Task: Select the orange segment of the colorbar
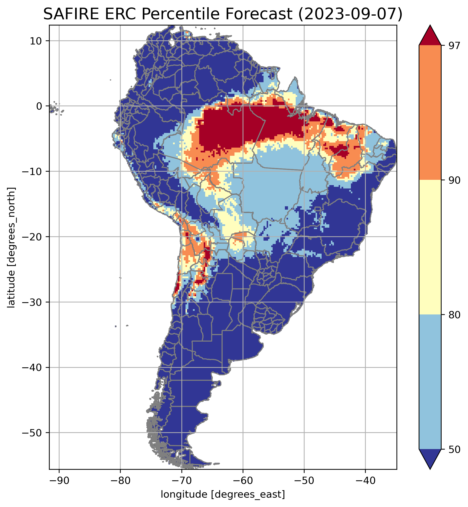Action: (430, 113)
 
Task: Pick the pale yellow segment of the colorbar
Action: (430, 247)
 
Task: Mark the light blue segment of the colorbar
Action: (430, 382)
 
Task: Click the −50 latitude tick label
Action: (32, 433)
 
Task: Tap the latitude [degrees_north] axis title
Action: (11, 248)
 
